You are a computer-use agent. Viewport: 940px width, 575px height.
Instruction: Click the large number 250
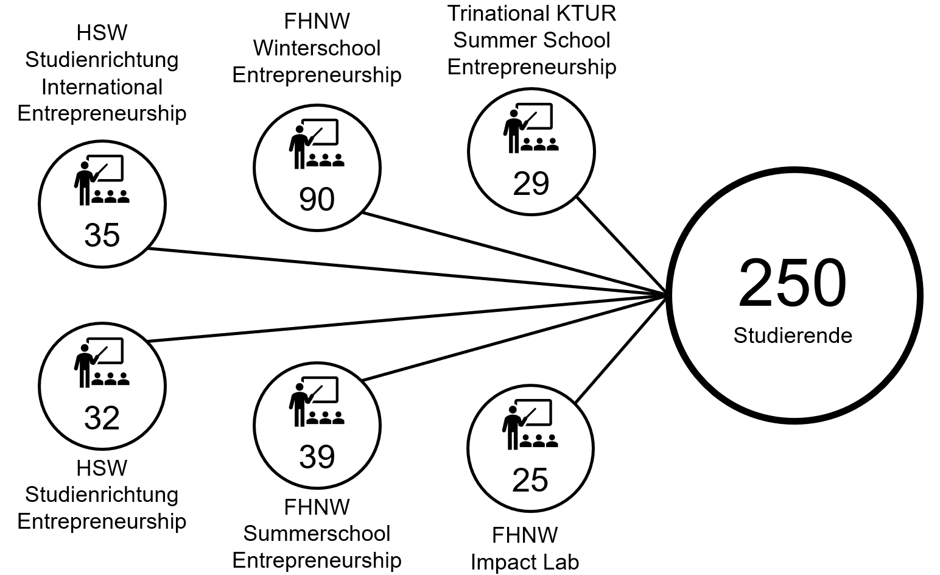click(x=792, y=284)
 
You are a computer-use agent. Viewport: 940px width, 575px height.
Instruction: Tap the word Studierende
click(x=793, y=336)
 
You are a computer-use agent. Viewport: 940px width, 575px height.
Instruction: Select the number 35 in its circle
click(x=102, y=235)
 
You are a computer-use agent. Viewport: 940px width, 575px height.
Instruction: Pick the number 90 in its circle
click(x=317, y=199)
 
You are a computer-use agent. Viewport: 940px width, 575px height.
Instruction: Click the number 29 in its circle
click(x=531, y=183)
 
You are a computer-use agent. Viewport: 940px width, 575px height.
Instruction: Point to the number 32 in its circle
click(x=102, y=418)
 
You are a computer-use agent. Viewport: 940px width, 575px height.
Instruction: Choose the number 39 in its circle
click(x=317, y=457)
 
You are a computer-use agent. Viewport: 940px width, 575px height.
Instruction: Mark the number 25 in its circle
click(x=530, y=480)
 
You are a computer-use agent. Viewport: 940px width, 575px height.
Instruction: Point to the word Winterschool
click(x=317, y=48)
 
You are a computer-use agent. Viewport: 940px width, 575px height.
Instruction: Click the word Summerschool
click(x=317, y=534)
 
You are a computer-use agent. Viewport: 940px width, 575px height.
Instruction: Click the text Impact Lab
click(x=525, y=562)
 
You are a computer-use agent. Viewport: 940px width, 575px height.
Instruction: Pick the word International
click(x=102, y=87)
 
